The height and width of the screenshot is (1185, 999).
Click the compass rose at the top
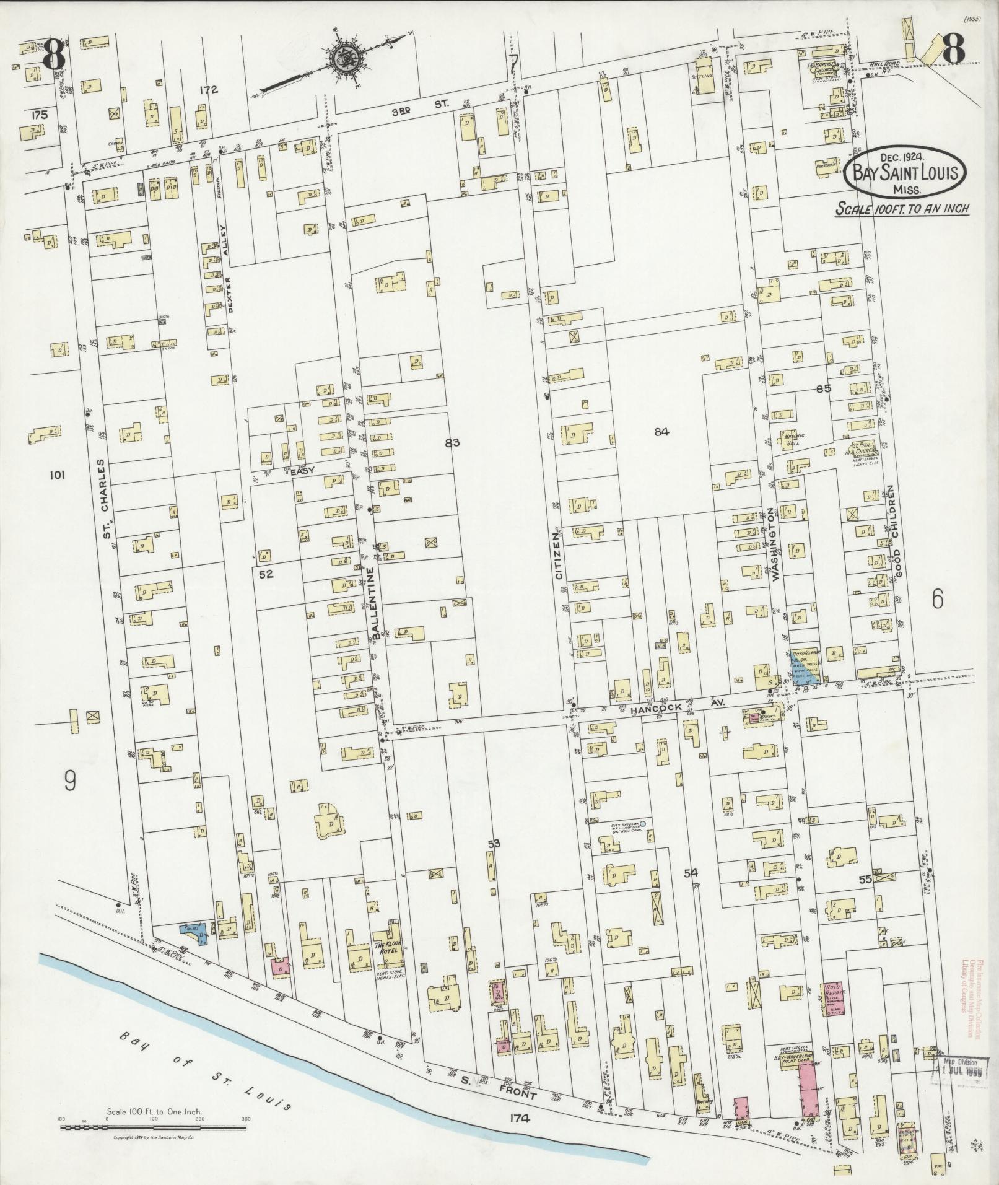click(x=342, y=59)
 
